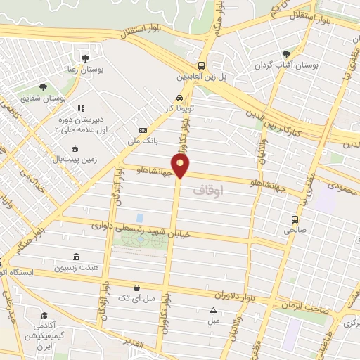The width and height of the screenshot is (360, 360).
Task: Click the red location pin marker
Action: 181,165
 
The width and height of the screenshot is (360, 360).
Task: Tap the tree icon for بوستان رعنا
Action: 85,58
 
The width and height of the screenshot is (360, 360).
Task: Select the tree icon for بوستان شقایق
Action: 43,87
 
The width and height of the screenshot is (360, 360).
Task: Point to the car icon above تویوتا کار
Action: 179,98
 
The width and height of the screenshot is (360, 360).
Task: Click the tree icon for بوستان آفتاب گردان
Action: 285,53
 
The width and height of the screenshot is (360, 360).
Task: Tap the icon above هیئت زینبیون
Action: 76,257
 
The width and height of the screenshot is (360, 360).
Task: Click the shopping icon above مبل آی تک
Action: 138,287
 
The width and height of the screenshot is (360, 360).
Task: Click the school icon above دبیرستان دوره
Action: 79,108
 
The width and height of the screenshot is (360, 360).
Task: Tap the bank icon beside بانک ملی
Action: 143,131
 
